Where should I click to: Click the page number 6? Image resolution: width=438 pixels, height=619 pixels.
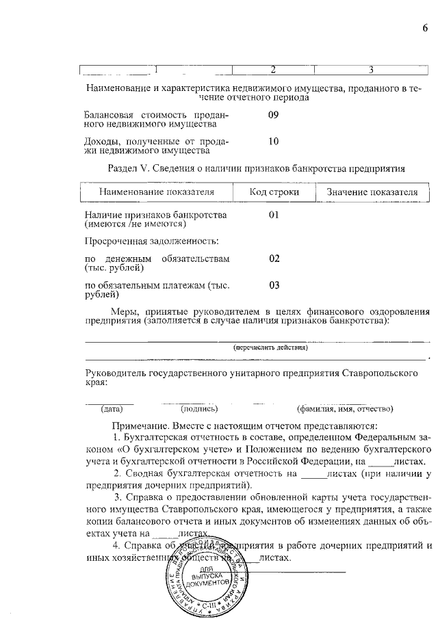coord(424,28)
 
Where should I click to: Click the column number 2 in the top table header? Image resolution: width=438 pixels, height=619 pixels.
coord(273,69)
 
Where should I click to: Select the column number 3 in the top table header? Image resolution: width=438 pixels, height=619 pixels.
coord(370,69)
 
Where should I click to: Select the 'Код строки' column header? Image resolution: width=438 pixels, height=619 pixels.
coord(274,192)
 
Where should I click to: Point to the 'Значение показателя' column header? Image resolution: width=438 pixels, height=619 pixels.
coord(372,192)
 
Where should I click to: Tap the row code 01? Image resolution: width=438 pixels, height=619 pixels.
coord(274,215)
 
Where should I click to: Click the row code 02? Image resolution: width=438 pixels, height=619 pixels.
coord(274,259)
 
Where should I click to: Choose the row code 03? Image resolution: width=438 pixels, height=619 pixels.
coord(274,285)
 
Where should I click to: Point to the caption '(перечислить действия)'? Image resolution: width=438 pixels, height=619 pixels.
coord(270,347)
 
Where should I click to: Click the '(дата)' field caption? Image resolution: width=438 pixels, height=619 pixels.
coord(112,409)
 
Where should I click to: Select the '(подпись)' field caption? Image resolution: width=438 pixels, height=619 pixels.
coord(199,409)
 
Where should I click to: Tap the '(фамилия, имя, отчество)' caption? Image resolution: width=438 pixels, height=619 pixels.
coord(345,409)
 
